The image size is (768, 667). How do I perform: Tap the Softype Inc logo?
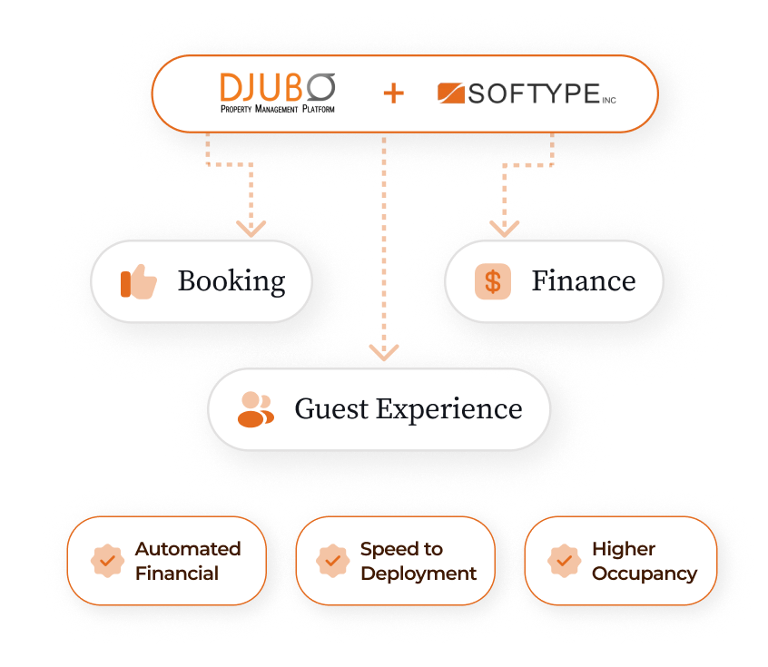click(x=527, y=93)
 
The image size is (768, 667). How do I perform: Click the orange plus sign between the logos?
click(x=393, y=93)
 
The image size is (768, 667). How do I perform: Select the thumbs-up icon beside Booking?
click(x=139, y=282)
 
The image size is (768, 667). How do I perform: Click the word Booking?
click(x=231, y=282)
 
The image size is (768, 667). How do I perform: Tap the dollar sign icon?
click(x=492, y=281)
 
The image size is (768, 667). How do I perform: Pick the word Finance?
click(x=583, y=281)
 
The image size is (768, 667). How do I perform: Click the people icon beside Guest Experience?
click(x=255, y=409)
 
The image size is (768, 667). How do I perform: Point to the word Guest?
click(x=331, y=409)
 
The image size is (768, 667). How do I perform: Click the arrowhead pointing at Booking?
click(x=251, y=228)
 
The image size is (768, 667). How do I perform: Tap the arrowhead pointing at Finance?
click(x=504, y=228)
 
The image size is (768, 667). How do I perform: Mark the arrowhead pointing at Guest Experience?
click(x=384, y=352)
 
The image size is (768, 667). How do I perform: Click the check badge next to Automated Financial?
click(x=107, y=561)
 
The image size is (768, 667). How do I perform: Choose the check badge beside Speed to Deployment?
click(x=332, y=561)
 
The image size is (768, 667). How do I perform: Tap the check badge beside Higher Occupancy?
click(x=564, y=561)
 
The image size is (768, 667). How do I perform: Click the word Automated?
click(x=188, y=549)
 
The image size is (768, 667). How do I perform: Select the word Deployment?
click(x=418, y=574)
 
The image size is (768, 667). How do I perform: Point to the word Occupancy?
click(x=645, y=574)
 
